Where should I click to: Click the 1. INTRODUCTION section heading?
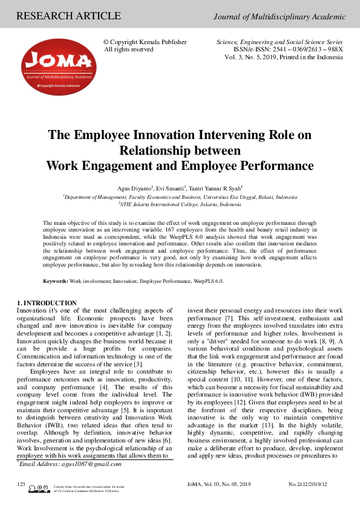[x=47, y=303]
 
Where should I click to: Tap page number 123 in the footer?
[x=21, y=484]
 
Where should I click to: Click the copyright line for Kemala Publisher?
[x=145, y=42]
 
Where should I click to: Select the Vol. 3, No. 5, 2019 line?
[x=284, y=57]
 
